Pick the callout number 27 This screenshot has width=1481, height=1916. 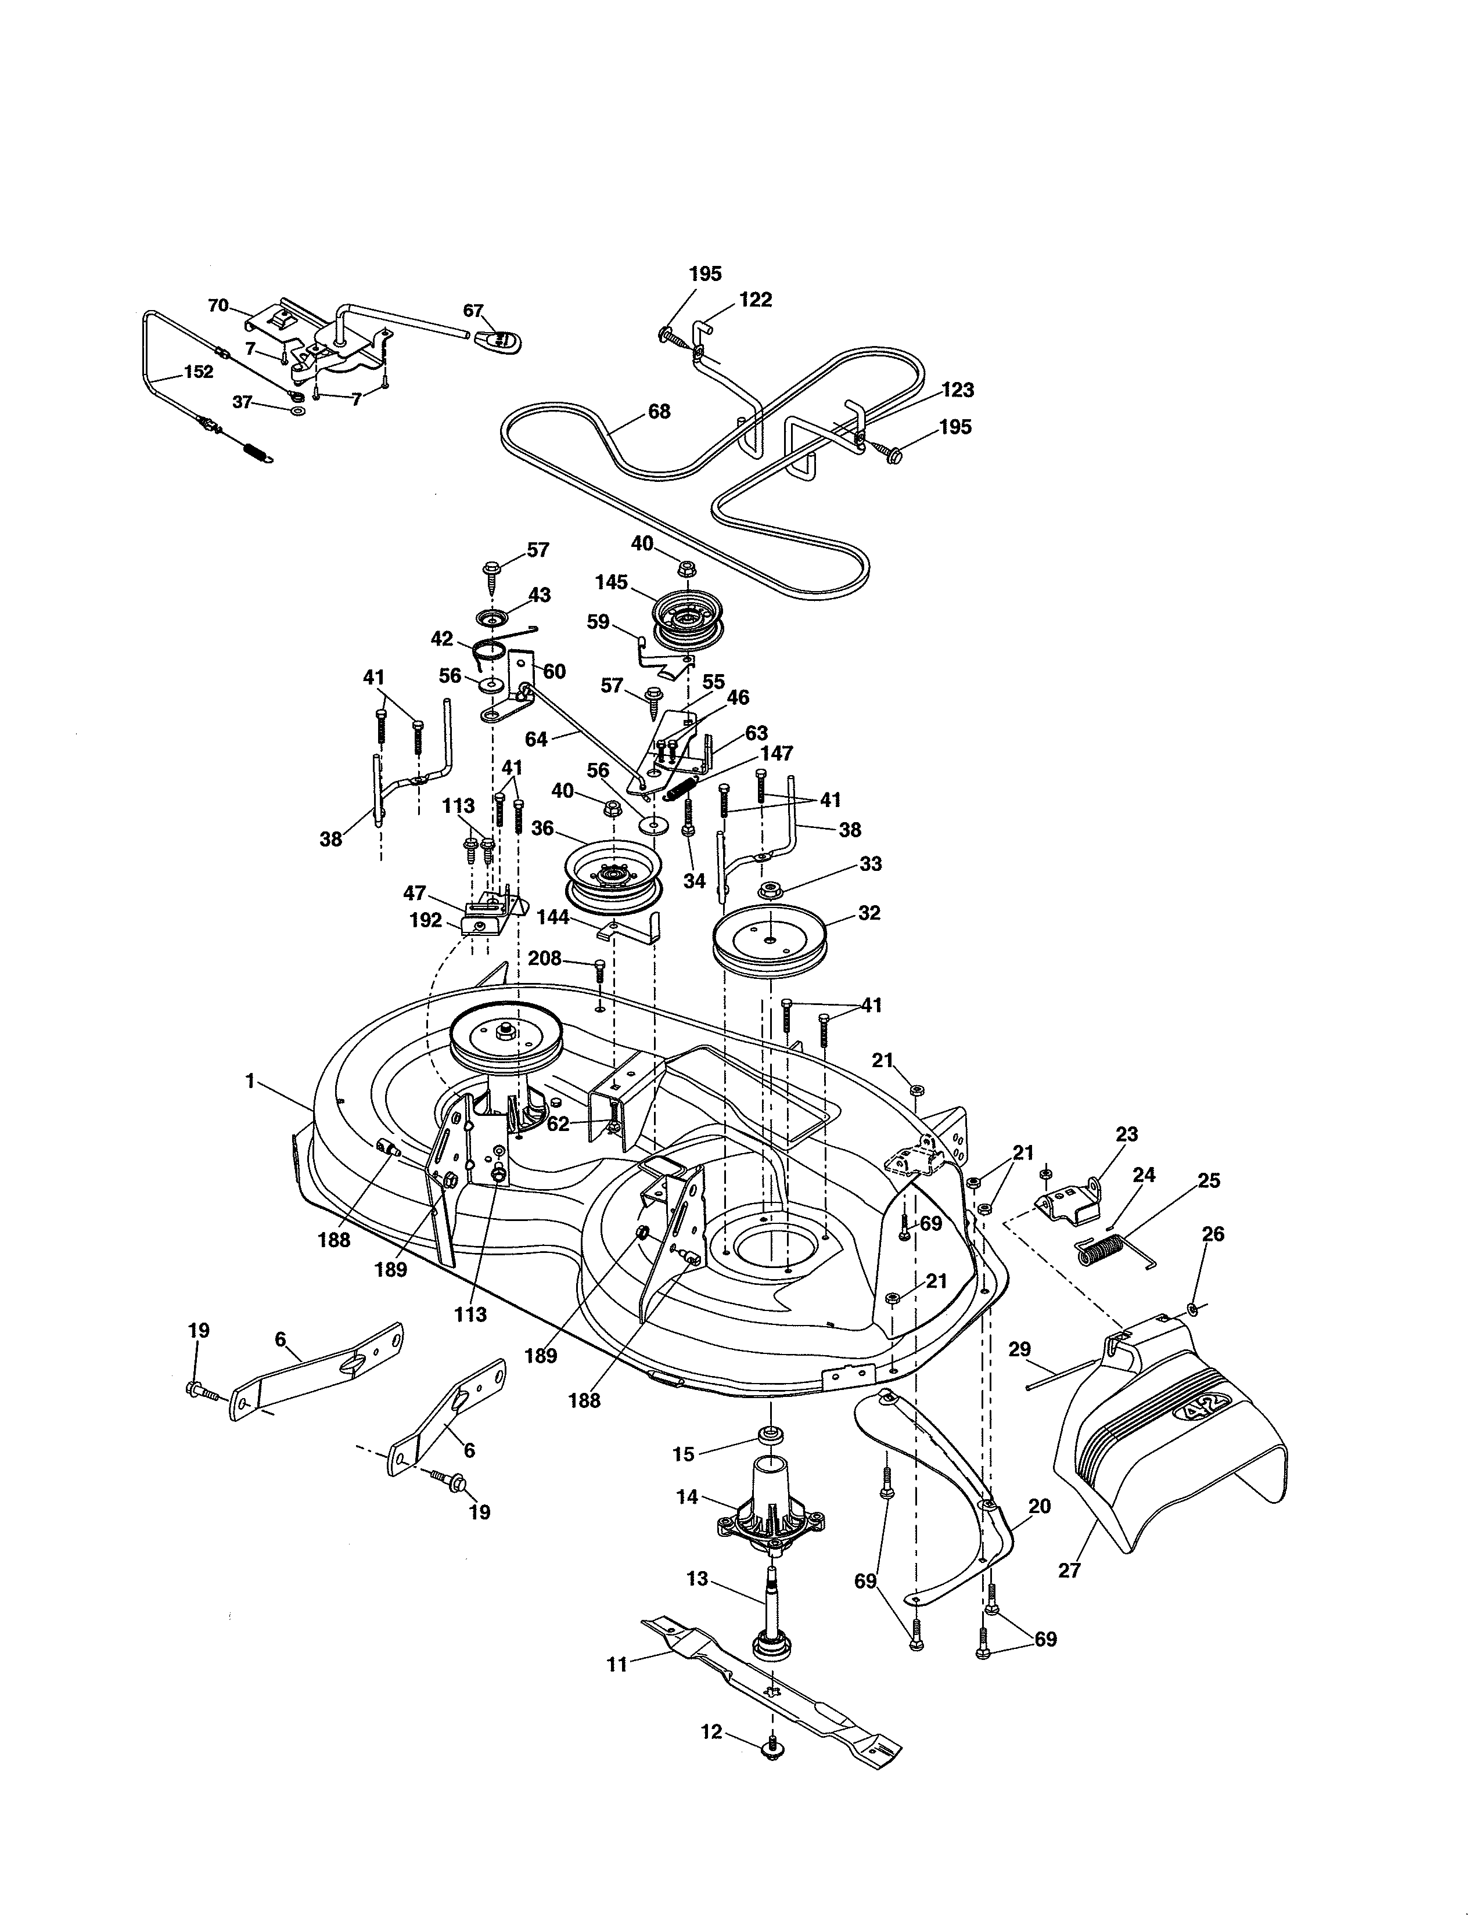pyautogui.click(x=1069, y=1571)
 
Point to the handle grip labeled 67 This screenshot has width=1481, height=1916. pyautogui.click(x=498, y=337)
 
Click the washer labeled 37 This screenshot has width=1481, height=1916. pyautogui.click(x=297, y=410)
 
